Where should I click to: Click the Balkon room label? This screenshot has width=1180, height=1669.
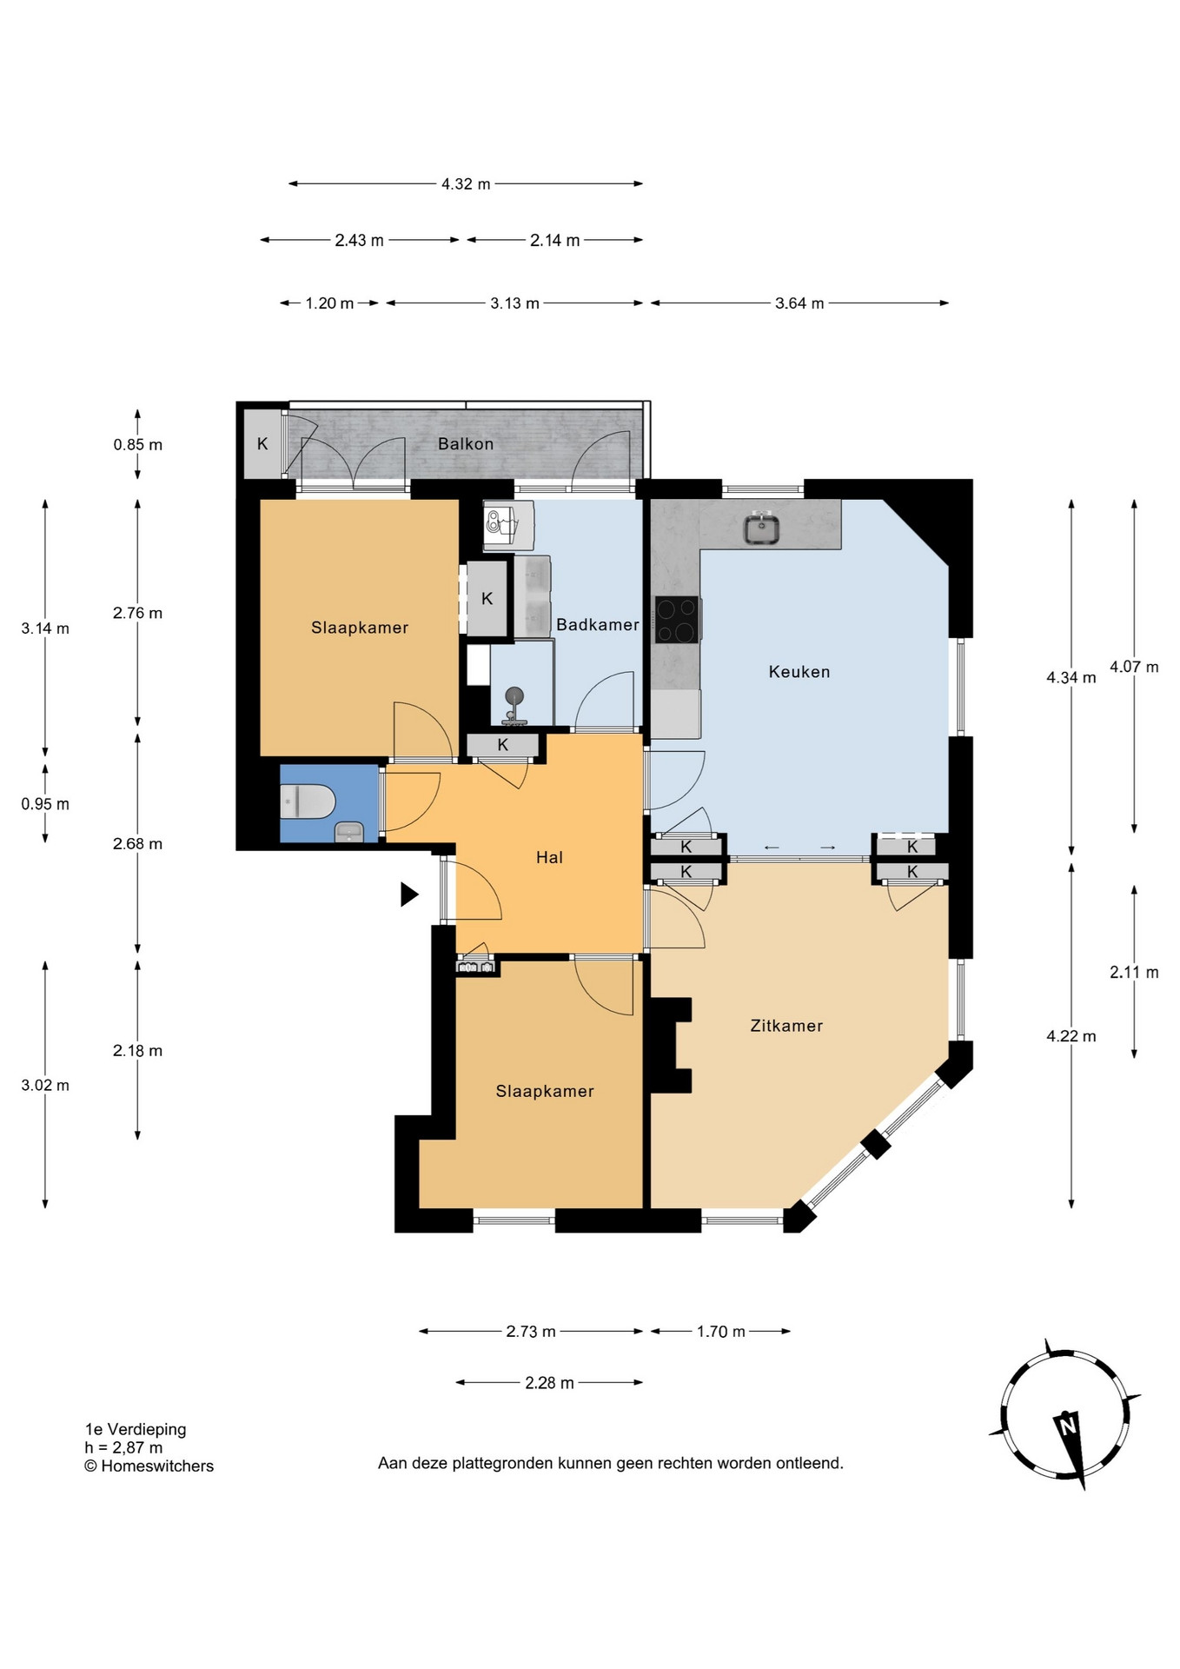tap(466, 443)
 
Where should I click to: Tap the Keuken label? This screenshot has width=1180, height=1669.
tap(799, 672)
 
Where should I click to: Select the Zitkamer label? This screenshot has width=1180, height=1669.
tap(786, 1026)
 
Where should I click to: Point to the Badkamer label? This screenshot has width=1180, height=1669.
tap(598, 624)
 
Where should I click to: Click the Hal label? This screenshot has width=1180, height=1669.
tap(549, 857)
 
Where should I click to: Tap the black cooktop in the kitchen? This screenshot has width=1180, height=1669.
tap(677, 620)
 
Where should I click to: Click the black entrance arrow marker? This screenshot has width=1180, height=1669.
tap(409, 894)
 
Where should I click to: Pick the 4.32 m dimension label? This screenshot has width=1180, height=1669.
tap(466, 184)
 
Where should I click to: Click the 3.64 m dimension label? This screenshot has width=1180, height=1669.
tap(799, 303)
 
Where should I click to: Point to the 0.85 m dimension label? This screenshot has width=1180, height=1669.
tap(137, 445)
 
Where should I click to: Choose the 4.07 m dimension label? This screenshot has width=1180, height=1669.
tap(1134, 668)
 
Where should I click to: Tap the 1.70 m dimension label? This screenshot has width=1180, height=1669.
tap(721, 1332)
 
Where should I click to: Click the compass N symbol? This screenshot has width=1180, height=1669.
tap(1067, 1426)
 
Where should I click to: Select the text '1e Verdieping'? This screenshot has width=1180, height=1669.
tap(136, 1429)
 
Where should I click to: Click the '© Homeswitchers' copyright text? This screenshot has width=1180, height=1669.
tap(149, 1466)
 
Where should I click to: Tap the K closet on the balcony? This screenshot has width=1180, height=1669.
tap(262, 443)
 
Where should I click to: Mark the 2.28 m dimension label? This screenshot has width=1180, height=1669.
tap(549, 1383)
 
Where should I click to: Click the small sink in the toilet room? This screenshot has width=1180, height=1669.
tap(349, 832)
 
